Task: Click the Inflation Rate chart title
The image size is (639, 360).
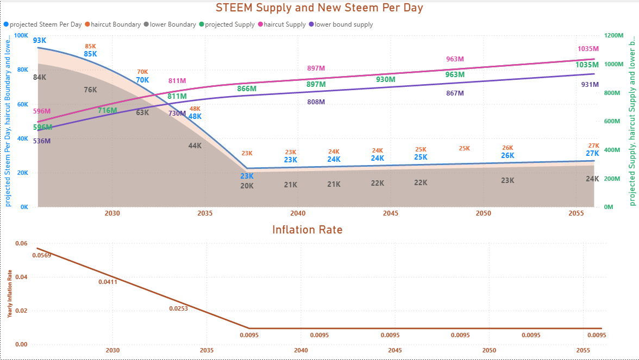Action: pos(307,229)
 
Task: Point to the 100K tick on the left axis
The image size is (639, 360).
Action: pos(21,35)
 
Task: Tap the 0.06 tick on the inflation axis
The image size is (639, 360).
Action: pos(21,243)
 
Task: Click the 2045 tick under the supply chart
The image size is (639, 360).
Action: pos(390,214)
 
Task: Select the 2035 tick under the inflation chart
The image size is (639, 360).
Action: pos(206,351)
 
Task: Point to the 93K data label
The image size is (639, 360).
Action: pos(39,41)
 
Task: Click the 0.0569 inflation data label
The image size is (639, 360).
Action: pos(42,255)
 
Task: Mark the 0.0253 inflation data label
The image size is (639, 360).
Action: pos(178,308)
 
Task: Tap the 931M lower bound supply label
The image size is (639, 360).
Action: pos(590,85)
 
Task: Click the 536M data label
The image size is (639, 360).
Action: pos(41,141)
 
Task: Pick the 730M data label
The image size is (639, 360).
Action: pos(177,113)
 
